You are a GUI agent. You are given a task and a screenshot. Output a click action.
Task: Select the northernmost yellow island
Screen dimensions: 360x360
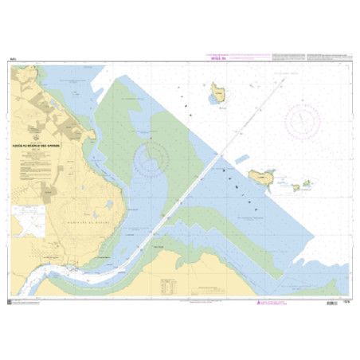point(217,97)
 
